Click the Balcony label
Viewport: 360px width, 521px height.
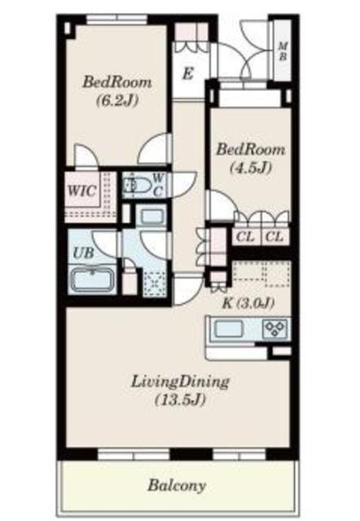click(176, 486)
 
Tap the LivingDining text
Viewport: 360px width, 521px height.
click(180, 381)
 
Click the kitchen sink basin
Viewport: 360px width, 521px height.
click(227, 331)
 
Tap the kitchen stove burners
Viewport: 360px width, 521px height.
click(274, 330)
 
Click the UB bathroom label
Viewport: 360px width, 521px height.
click(83, 252)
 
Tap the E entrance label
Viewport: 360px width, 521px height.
click(187, 74)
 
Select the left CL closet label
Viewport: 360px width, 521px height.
click(244, 237)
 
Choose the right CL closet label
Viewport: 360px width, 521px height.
click(274, 237)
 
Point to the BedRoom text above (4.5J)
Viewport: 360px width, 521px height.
click(250, 150)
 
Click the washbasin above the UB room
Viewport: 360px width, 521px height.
click(151, 217)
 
